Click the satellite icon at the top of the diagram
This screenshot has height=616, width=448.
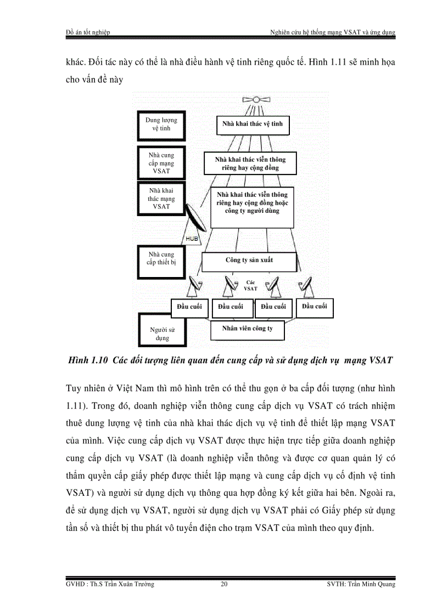(256, 99)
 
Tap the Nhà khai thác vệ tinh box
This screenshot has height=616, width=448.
(253, 124)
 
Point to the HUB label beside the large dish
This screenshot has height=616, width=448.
(192, 239)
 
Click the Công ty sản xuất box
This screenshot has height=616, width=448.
(249, 260)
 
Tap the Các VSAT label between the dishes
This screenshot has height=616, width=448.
(250, 285)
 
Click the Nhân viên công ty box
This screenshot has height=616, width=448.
(248, 329)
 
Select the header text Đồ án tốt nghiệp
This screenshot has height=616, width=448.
(87, 32)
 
